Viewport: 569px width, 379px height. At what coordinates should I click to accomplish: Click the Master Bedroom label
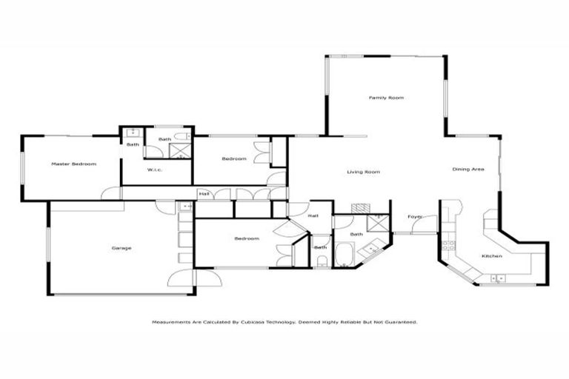click(73, 164)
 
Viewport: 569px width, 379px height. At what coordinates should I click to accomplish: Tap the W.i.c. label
click(155, 171)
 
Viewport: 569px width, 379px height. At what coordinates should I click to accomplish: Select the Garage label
click(122, 248)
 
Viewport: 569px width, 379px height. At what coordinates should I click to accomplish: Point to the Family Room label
click(386, 98)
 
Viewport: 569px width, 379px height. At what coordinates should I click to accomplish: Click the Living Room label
click(363, 172)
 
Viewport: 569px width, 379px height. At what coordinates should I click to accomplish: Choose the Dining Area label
click(468, 170)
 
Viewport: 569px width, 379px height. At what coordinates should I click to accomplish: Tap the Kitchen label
click(492, 256)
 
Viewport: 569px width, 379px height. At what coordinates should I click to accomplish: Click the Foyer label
click(415, 217)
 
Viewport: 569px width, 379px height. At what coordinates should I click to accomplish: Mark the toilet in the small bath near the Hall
click(322, 260)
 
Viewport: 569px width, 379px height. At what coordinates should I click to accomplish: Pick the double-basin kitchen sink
click(497, 278)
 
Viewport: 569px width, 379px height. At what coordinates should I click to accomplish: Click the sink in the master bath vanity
click(132, 133)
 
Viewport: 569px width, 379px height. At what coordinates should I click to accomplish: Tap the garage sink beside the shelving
click(183, 207)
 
